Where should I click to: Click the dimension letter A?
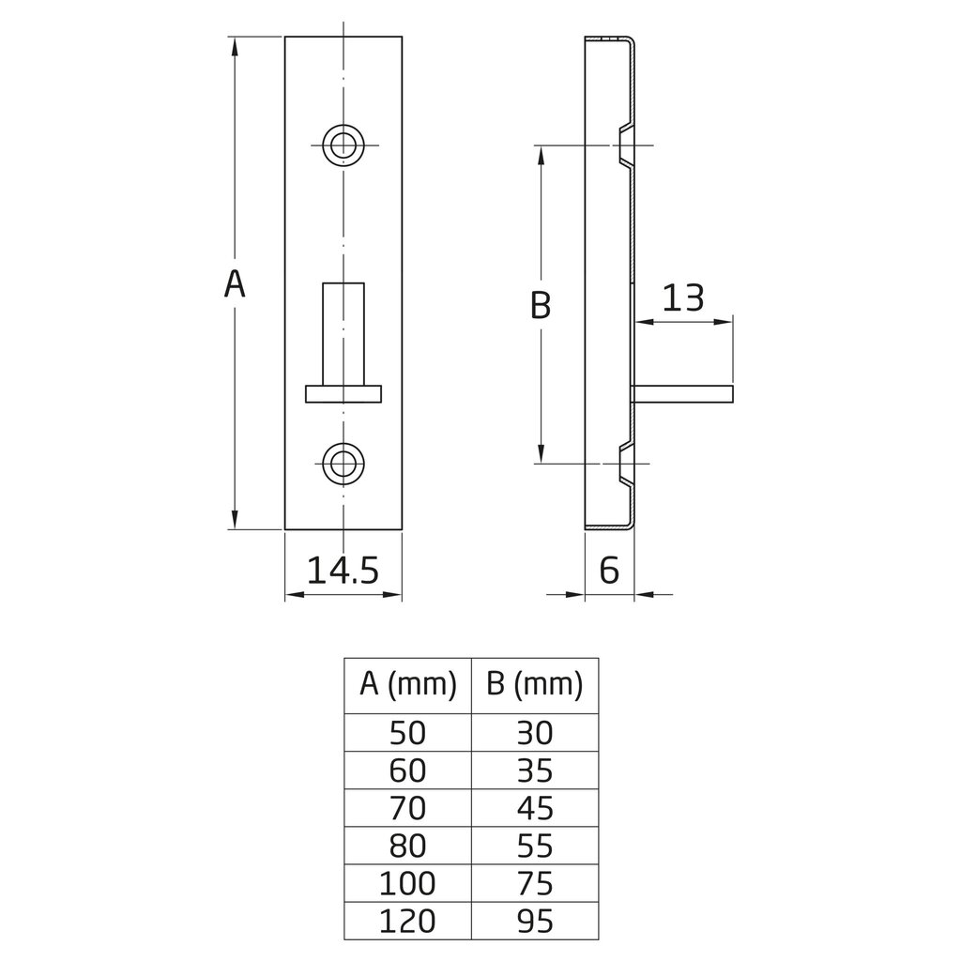tap(235, 282)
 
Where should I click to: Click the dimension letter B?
tap(541, 305)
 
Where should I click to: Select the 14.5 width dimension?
tap(343, 570)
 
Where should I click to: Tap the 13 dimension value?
tap(683, 298)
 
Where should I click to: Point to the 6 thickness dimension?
tap(609, 570)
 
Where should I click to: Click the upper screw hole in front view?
tap(343, 145)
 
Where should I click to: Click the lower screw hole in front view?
tap(343, 462)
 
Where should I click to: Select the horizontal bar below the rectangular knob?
tap(343, 393)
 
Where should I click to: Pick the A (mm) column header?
tap(408, 685)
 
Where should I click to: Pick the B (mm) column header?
tap(535, 685)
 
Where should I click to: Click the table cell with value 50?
tap(408, 732)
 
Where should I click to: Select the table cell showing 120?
tap(408, 921)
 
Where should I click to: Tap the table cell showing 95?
tap(535, 921)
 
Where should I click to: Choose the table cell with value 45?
tap(535, 808)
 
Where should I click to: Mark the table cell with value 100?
tap(408, 883)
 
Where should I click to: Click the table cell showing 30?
tap(535, 732)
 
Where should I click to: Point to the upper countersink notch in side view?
tap(626, 145)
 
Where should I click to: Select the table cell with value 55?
tap(535, 846)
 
